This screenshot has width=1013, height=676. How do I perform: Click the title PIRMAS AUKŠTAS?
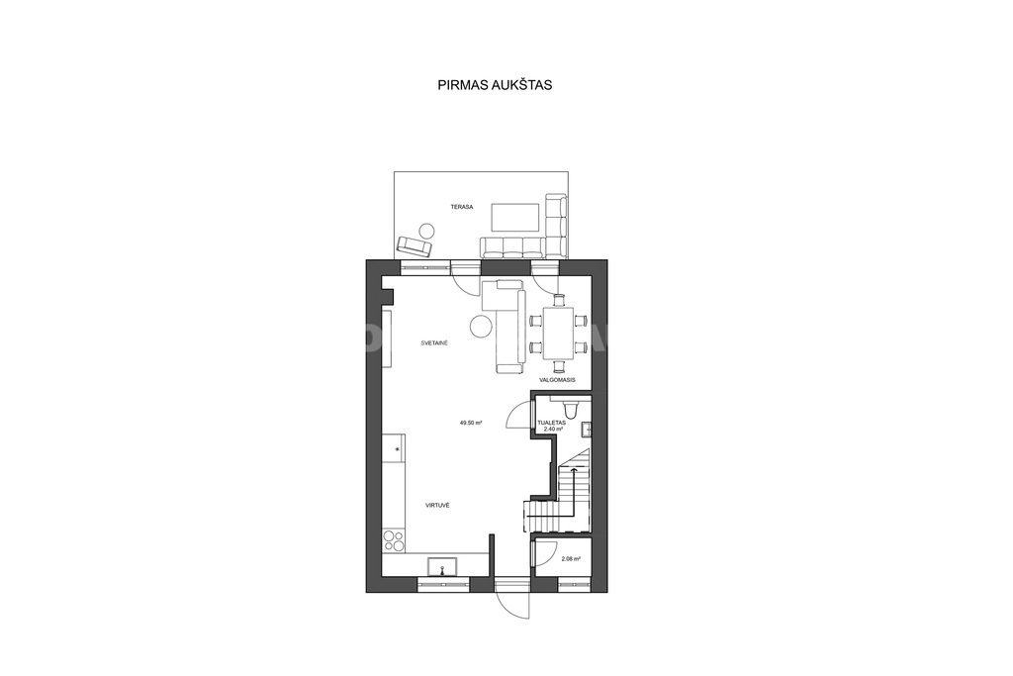pyautogui.click(x=495, y=85)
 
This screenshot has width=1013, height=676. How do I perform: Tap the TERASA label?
pyautogui.click(x=462, y=207)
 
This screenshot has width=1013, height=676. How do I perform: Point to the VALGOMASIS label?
pyautogui.click(x=557, y=380)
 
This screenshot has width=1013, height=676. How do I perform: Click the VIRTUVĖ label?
pyautogui.click(x=437, y=505)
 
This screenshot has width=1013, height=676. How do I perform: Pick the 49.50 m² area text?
pyautogui.click(x=472, y=423)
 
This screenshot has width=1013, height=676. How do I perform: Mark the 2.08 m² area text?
pyautogui.click(x=571, y=559)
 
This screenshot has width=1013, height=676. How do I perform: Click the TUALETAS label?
pyautogui.click(x=552, y=423)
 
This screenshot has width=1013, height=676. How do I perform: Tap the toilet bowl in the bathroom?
pyautogui.click(x=571, y=409)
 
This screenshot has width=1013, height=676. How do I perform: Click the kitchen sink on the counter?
pyautogui.click(x=442, y=567)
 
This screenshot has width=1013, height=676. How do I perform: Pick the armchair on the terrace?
pyautogui.click(x=414, y=246)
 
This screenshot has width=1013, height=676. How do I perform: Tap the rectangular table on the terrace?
pyautogui.click(x=515, y=217)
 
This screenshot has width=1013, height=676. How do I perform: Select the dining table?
pyautogui.click(x=559, y=335)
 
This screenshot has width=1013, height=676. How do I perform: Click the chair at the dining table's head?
pyautogui.click(x=559, y=300)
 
